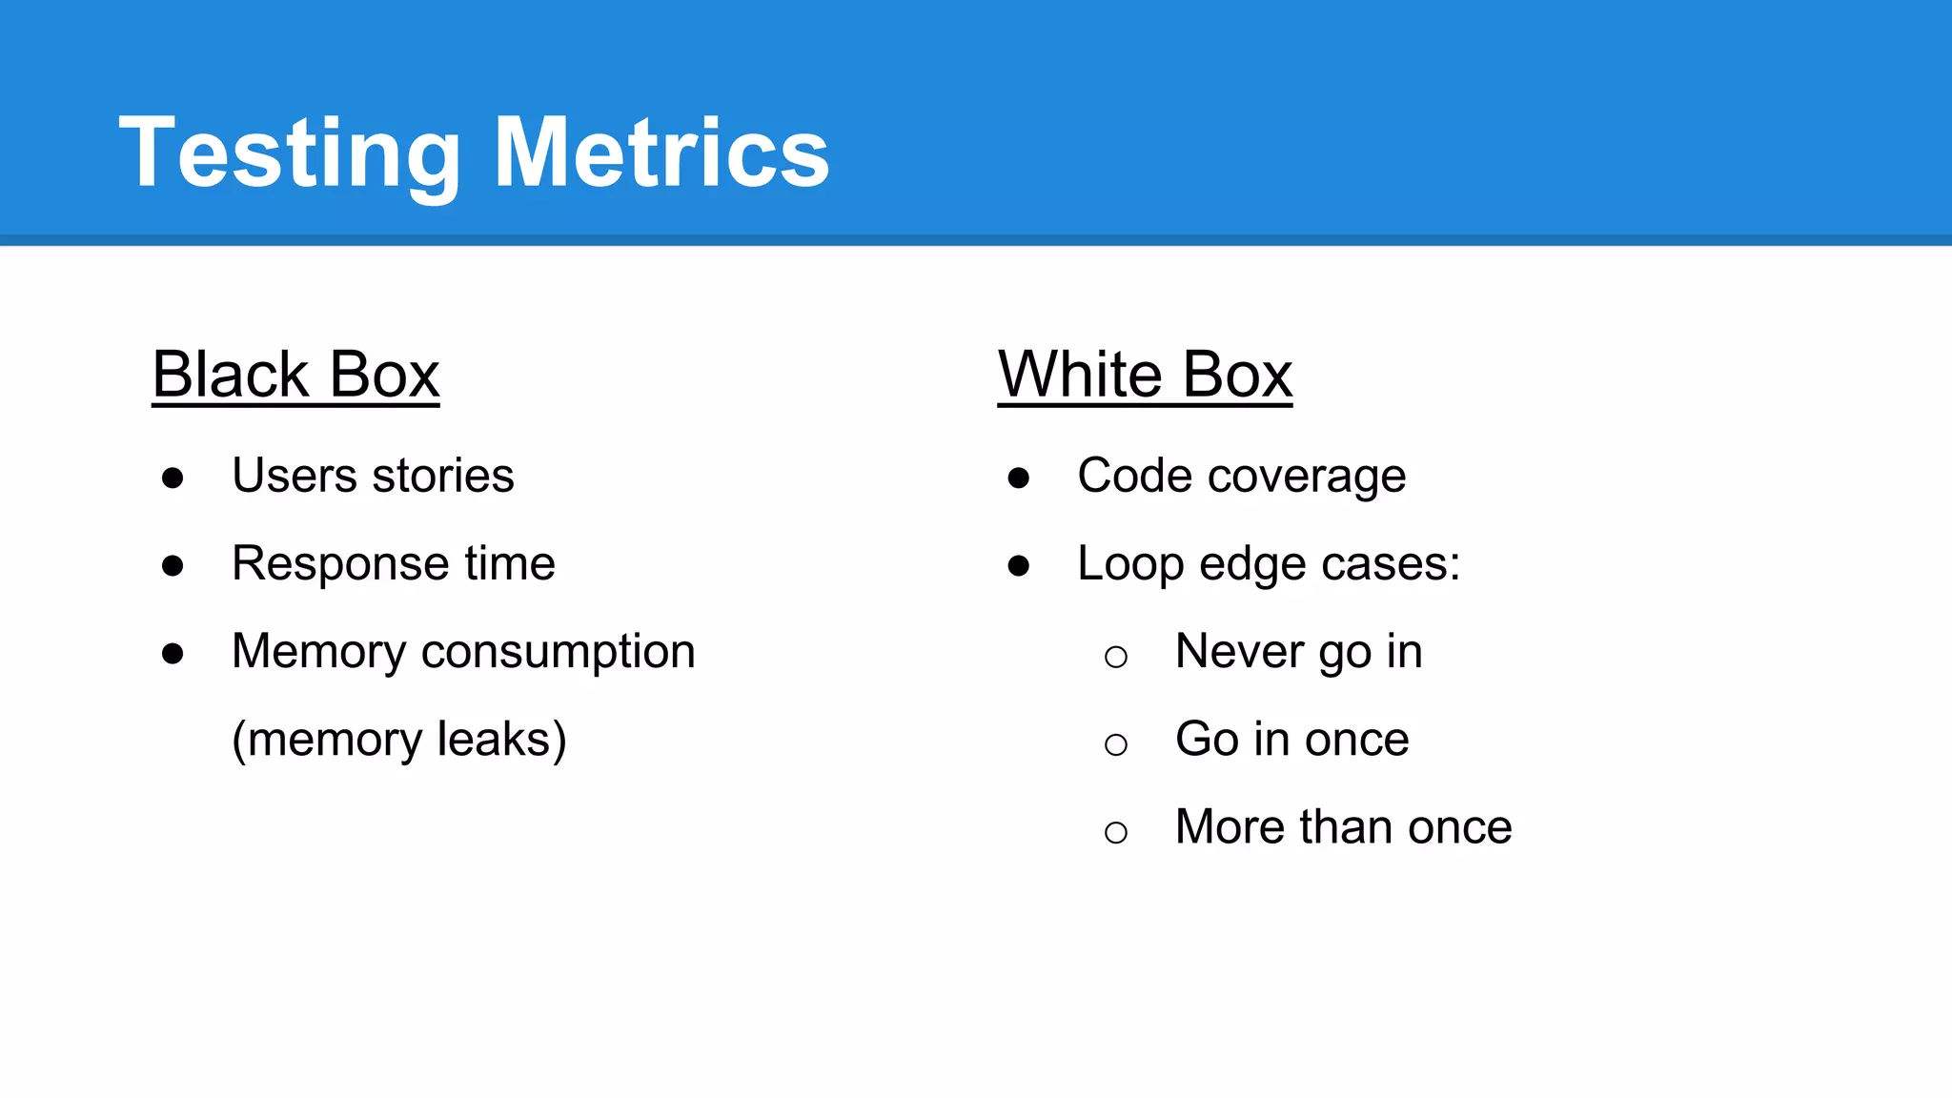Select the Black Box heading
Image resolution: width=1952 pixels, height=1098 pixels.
click(x=295, y=375)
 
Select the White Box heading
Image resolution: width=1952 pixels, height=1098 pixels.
click(x=1145, y=375)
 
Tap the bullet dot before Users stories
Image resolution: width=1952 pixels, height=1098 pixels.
click(x=173, y=478)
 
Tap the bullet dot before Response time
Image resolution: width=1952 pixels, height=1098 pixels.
click(x=173, y=566)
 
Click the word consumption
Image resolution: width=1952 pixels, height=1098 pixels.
click(x=558, y=653)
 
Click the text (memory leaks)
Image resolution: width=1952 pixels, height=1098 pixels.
click(x=399, y=740)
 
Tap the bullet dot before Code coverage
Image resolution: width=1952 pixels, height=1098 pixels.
click(x=1018, y=478)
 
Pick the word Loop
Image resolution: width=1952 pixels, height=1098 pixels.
click(x=1130, y=564)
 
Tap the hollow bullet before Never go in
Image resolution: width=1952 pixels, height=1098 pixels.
click(x=1116, y=656)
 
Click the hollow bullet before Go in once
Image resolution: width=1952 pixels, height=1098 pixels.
click(x=1116, y=743)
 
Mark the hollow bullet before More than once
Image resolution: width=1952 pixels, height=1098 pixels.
click(x=1116, y=832)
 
